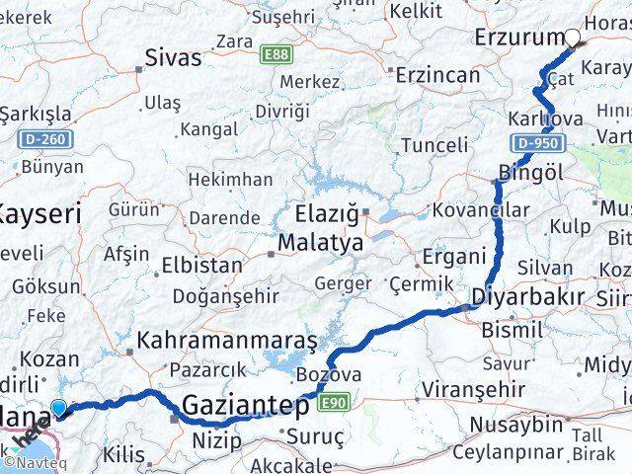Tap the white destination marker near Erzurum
[573, 39]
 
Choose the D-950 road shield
[537, 144]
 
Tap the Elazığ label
[325, 212]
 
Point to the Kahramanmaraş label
[227, 342]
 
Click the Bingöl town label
[530, 172]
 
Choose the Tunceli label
[434, 146]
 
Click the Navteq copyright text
[29, 461]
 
